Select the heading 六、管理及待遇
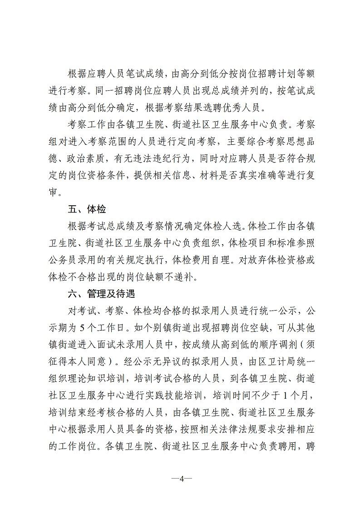point(101,294)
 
